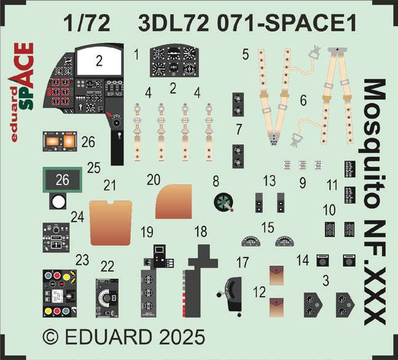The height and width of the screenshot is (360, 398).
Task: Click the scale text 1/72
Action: point(87,23)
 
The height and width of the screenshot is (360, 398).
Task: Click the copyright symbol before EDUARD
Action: point(51,337)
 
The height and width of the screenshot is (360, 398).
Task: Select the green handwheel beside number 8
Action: point(224,202)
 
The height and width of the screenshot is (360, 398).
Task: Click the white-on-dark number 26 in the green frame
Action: point(63,179)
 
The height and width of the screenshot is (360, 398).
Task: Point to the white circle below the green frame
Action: point(58,202)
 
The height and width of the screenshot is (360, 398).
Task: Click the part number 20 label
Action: point(154,180)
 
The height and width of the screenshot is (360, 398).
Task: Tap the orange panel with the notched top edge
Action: point(111,222)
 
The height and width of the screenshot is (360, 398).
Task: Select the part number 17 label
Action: point(243,262)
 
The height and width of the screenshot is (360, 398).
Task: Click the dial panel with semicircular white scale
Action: point(107,299)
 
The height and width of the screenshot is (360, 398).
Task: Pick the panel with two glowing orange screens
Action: point(60,141)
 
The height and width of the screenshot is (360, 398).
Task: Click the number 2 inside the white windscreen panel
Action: point(99,61)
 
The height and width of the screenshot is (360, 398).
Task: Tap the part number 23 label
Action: point(82,260)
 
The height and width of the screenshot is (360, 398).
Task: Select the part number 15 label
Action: point(268,227)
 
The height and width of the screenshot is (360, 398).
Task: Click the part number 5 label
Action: point(245,54)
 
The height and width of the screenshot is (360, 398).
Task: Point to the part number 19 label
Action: point(147,232)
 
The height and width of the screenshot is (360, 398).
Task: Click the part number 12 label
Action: point(260,292)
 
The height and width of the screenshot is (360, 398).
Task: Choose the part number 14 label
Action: point(303,260)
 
